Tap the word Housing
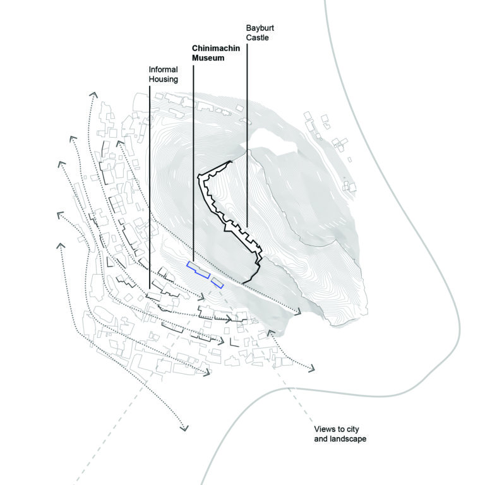163,80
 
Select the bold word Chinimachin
213,49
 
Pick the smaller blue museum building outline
217,282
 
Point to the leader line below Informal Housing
149,189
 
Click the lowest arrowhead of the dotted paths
184,429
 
